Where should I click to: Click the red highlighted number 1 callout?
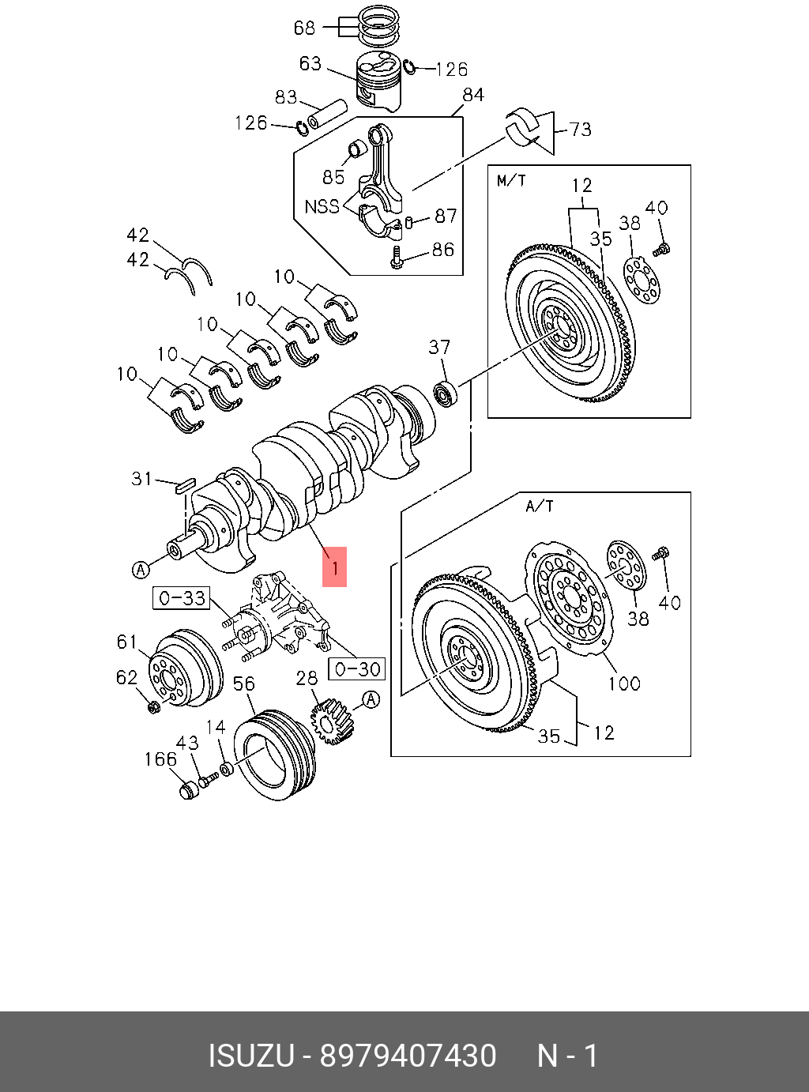(334, 567)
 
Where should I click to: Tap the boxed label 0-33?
(182, 598)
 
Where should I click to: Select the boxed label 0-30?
(357, 668)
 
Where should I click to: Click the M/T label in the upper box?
(511, 181)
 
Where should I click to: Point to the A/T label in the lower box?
(540, 506)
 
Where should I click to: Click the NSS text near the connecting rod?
(322, 206)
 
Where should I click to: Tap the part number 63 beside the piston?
(310, 63)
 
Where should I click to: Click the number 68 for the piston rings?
(304, 28)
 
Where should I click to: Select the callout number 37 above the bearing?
(439, 347)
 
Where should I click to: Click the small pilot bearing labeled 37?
(446, 393)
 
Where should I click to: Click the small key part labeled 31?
(185, 484)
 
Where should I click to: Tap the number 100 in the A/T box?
(623, 683)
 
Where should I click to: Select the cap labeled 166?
(188, 791)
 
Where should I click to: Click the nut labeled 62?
(154, 705)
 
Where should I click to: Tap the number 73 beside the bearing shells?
(580, 129)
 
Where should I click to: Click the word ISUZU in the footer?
(250, 1056)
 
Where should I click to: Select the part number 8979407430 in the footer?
(407, 1056)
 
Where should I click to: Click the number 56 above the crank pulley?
(244, 683)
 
